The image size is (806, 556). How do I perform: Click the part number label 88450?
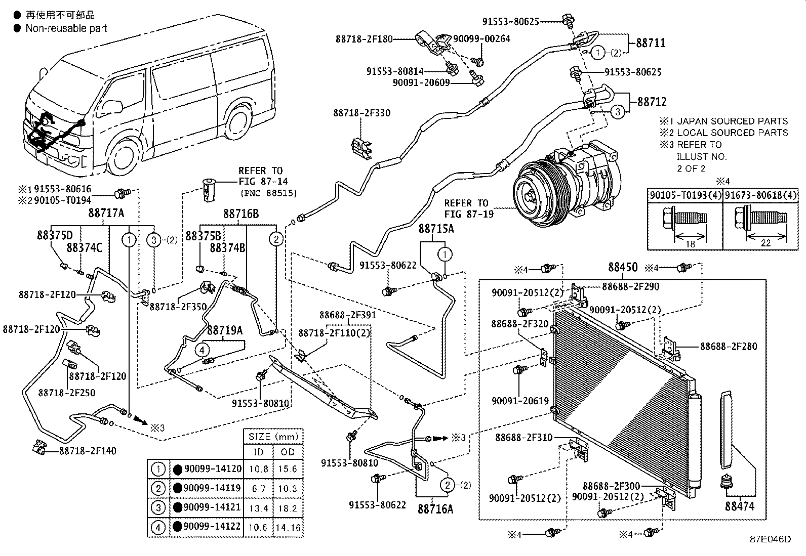click(623, 267)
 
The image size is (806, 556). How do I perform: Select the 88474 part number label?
click(739, 505)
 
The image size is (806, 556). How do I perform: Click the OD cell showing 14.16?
click(288, 528)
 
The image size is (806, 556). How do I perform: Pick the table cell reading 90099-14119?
click(212, 488)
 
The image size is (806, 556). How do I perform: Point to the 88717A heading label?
click(106, 213)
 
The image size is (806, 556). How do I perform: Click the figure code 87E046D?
click(770, 539)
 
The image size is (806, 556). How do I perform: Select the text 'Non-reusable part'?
click(66, 28)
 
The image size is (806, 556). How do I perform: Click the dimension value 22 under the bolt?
click(765, 243)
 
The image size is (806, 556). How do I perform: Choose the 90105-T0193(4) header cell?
click(685, 195)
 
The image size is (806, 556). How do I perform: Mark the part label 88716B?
click(241, 214)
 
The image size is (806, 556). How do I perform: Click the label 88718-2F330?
click(361, 113)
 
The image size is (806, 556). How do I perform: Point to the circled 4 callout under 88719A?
click(201, 350)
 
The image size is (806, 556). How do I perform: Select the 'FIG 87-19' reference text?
click(466, 214)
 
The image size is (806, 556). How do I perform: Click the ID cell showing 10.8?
click(258, 469)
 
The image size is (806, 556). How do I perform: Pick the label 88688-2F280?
click(729, 347)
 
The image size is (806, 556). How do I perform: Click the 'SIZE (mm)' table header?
click(273, 436)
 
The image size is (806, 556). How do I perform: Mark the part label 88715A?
click(436, 229)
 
